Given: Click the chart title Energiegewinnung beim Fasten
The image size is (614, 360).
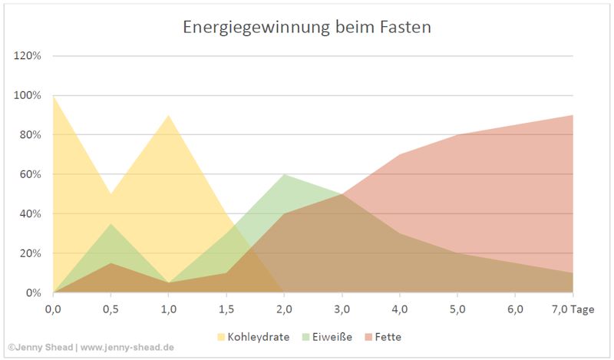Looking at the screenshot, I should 306,27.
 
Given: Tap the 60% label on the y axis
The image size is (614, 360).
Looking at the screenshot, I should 29,174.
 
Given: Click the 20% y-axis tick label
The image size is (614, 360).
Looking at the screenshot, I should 29,253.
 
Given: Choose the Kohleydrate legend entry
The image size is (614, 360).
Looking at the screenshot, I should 258,337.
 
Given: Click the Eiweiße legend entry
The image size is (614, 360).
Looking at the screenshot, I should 332,337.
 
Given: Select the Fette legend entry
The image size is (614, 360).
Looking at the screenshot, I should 388,337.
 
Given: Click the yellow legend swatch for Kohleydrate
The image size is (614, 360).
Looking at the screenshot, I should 222,337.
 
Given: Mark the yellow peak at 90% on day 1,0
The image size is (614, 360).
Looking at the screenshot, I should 168,115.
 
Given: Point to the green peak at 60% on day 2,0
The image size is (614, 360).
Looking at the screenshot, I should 284,174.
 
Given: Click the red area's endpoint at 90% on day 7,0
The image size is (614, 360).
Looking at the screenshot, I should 573,115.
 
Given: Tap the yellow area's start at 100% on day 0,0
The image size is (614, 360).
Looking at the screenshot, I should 53,96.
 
